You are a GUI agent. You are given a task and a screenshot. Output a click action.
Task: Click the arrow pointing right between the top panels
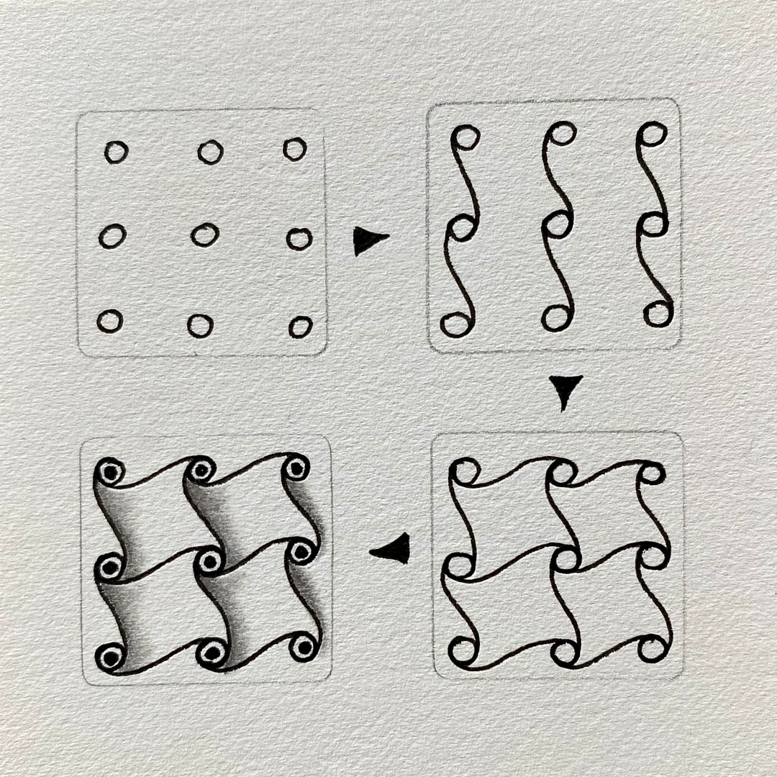coord(368,240)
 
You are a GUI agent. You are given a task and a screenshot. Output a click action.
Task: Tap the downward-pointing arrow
coord(565,391)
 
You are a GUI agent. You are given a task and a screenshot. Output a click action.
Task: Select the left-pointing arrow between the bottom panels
coord(393,550)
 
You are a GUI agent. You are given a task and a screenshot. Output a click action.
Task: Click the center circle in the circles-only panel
coord(205,235)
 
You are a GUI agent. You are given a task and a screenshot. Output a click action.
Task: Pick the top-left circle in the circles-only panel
coord(116,152)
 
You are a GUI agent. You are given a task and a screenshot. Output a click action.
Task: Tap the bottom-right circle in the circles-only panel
coord(300,327)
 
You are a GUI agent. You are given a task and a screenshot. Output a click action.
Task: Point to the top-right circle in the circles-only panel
coord(294,149)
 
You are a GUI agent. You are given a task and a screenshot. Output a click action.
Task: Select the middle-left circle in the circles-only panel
coord(112,236)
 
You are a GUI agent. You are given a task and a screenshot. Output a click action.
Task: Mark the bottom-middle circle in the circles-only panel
coord(200,325)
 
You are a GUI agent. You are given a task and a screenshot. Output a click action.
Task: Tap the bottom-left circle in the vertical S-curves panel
coord(455,325)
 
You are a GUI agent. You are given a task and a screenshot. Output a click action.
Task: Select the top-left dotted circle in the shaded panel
coord(110,473)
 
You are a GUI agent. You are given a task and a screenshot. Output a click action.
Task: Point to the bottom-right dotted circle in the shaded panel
coord(304,647)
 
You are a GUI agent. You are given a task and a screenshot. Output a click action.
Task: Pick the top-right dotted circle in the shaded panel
coord(296,468)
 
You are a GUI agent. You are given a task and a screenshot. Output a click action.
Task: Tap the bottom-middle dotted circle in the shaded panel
coord(212,653)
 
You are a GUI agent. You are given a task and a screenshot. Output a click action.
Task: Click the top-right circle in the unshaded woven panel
coord(652,473)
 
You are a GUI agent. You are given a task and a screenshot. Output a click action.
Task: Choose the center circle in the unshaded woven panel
coord(566,559)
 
